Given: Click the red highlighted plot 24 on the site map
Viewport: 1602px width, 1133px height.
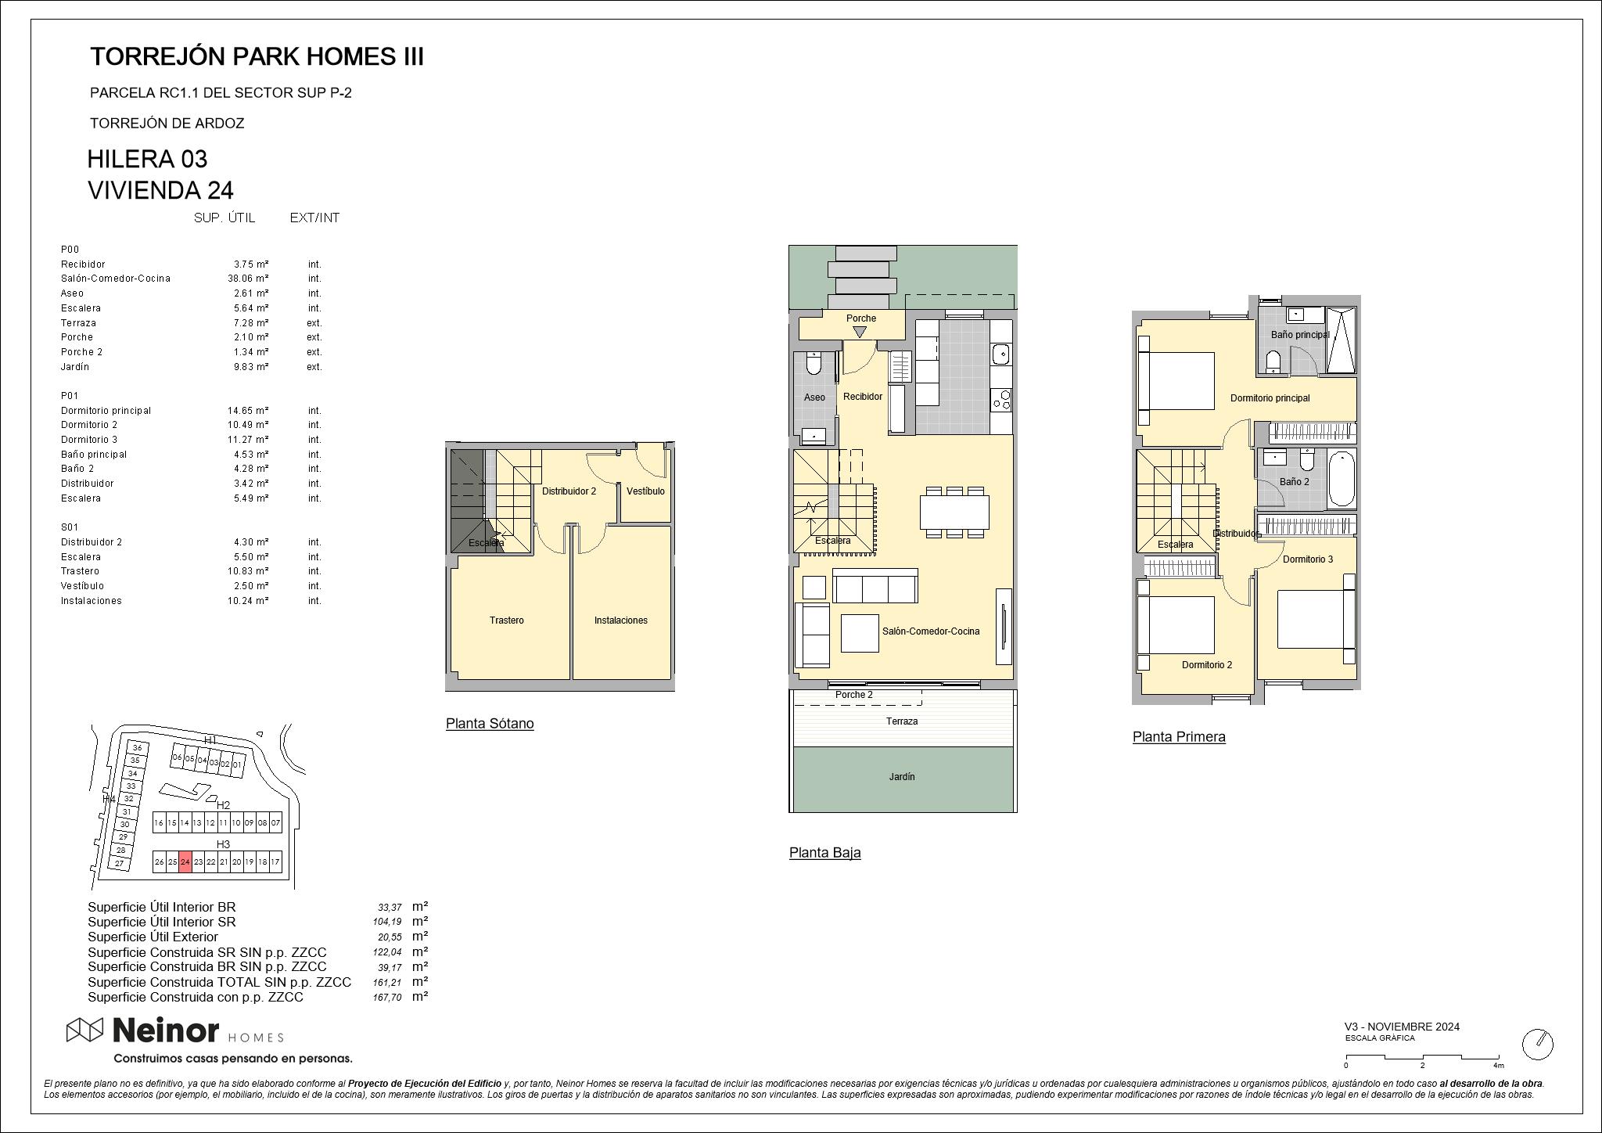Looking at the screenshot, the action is pos(185,861).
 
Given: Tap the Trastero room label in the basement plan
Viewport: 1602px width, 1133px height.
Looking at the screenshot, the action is pos(507,620).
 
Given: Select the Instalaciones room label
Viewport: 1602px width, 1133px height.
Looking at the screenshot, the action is pos(621,620).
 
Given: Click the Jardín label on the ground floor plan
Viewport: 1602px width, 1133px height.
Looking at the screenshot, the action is pos(902,777).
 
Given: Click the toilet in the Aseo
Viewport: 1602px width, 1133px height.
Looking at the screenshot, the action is pos(812,364).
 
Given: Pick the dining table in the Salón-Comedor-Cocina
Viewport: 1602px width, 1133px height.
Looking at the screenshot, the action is pos(954,512).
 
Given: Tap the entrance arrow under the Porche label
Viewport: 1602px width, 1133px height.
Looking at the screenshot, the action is pos(860,332).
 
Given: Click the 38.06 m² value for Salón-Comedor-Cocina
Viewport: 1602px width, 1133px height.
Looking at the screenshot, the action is pos(249,279).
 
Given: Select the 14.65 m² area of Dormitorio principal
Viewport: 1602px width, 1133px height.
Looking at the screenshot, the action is pos(249,411).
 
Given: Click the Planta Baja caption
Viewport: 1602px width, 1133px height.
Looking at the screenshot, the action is pos(825,853).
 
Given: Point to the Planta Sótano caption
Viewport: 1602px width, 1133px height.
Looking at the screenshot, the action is pos(490,724).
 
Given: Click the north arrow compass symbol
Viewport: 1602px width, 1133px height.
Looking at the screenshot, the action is pos(1537,1044).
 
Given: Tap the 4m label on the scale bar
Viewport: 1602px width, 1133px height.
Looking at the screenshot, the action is pos(1498,1065).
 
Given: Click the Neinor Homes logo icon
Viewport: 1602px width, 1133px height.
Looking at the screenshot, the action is pos(84,1030).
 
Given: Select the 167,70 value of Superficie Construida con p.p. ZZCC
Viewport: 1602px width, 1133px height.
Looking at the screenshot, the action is pos(387,998).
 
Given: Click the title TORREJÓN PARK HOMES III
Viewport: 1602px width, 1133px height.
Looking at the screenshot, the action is pos(257,56).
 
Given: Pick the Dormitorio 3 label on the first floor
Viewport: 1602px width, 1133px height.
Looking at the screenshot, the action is pos(1308,559).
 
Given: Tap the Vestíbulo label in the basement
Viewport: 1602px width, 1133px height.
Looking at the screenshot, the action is pos(645,491).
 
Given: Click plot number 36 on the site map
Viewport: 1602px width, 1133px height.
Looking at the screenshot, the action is pos(138,748).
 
